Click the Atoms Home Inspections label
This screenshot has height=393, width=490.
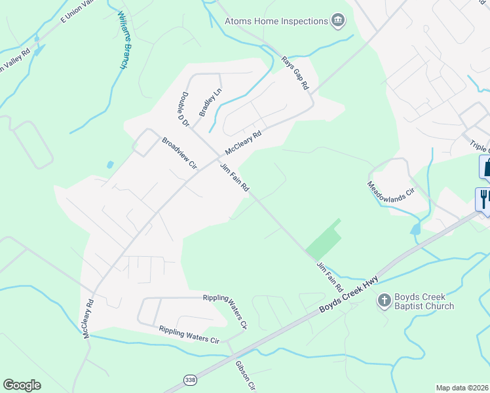pyautogui.click(x=276, y=21)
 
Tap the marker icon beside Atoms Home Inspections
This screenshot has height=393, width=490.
pyautogui.click(x=338, y=21)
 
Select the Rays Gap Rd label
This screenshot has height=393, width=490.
pyautogui.click(x=294, y=73)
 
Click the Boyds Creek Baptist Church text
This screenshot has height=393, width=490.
pyautogui.click(x=424, y=301)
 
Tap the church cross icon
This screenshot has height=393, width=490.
pyautogui.click(x=384, y=301)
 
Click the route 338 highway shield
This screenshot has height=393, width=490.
pyautogui.click(x=189, y=379)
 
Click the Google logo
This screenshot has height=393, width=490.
pyautogui.click(x=22, y=385)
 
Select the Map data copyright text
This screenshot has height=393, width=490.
pyautogui.click(x=462, y=388)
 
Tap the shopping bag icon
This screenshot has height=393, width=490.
pyautogui.click(x=486, y=167)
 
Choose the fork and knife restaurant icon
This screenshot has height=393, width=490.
pyautogui.click(x=483, y=198)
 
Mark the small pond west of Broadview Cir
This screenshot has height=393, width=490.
pyautogui.click(x=109, y=165)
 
